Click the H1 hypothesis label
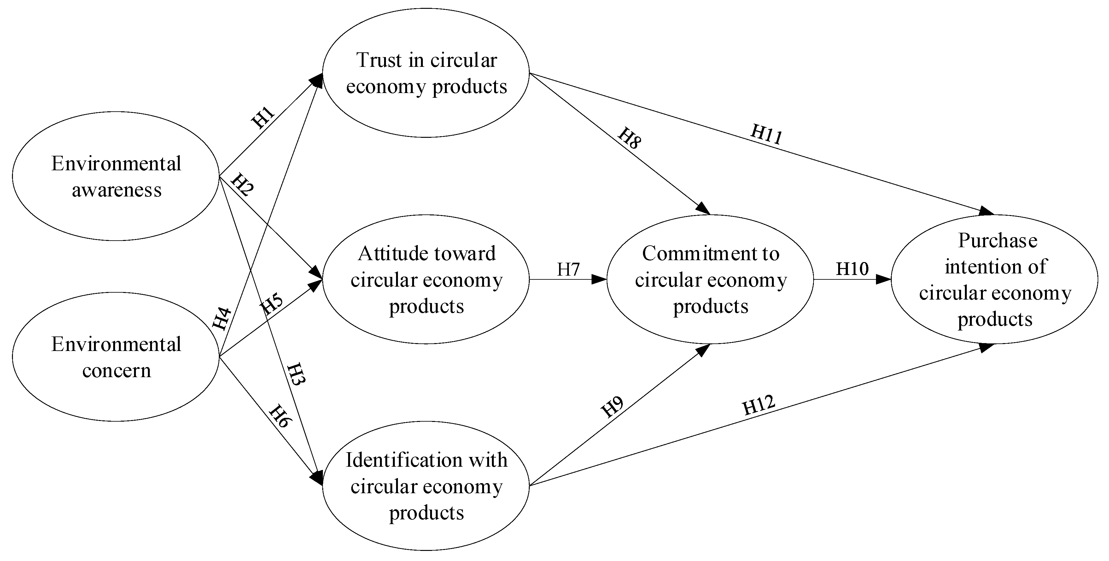tap(263, 118)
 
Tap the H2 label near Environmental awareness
tap(242, 185)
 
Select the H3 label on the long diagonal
tap(296, 374)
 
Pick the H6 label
tap(279, 416)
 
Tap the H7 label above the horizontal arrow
tap(568, 270)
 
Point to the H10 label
tap(852, 269)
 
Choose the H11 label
tap(766, 134)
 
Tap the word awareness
tap(116, 190)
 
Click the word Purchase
tap(997, 240)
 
